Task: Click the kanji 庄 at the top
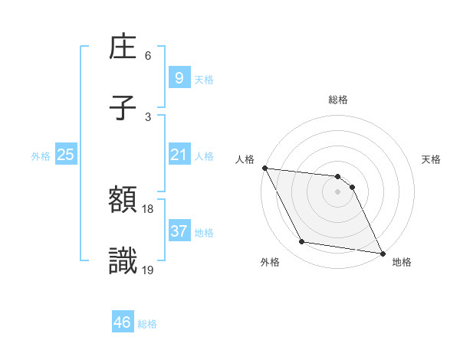123,48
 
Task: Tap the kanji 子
123,108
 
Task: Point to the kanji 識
123,262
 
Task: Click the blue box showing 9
179,77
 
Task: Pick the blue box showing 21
179,155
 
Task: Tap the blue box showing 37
179,231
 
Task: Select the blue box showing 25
66,155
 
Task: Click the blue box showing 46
123,322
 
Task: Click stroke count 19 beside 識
148,269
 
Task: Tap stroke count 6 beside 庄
148,56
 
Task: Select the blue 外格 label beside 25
41,156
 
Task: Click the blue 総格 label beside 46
147,323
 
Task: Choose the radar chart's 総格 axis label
338,100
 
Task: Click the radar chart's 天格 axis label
432,159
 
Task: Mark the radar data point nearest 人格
264,168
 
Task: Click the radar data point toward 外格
302,242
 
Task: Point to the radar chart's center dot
337,191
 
